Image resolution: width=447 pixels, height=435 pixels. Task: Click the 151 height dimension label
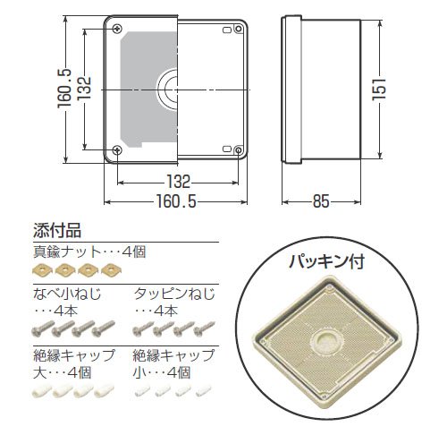click(379, 90)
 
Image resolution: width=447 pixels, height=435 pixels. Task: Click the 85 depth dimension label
click(321, 201)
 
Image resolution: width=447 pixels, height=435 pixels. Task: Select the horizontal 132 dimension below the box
click(178, 182)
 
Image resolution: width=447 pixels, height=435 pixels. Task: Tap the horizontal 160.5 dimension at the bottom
click(176, 201)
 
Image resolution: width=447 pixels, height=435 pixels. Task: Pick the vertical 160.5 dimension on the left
click(64, 89)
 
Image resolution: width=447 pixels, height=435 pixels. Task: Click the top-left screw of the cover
click(118, 29)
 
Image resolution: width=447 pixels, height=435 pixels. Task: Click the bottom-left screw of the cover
click(117, 149)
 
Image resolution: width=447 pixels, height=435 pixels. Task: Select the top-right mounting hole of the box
click(239, 29)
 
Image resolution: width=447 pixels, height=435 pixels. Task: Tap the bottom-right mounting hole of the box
click(239, 150)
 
